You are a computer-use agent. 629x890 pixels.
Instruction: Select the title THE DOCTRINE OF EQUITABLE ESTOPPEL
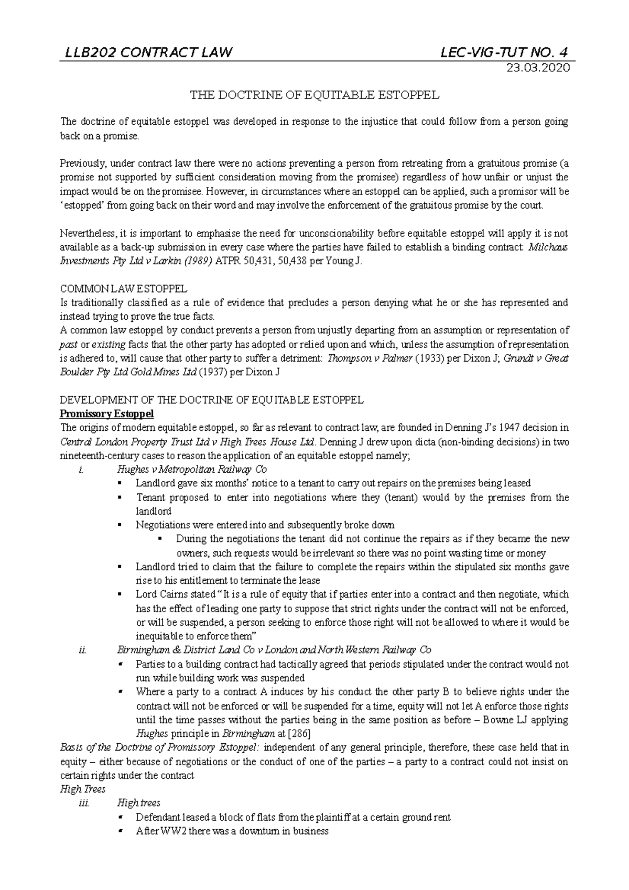coord(314,95)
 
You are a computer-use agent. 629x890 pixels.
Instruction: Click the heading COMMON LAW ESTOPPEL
coord(124,289)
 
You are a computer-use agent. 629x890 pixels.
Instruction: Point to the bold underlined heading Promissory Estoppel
coord(107,414)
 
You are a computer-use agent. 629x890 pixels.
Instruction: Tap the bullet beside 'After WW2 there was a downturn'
coord(121,831)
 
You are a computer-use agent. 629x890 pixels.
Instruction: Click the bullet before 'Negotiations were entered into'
coord(121,525)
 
